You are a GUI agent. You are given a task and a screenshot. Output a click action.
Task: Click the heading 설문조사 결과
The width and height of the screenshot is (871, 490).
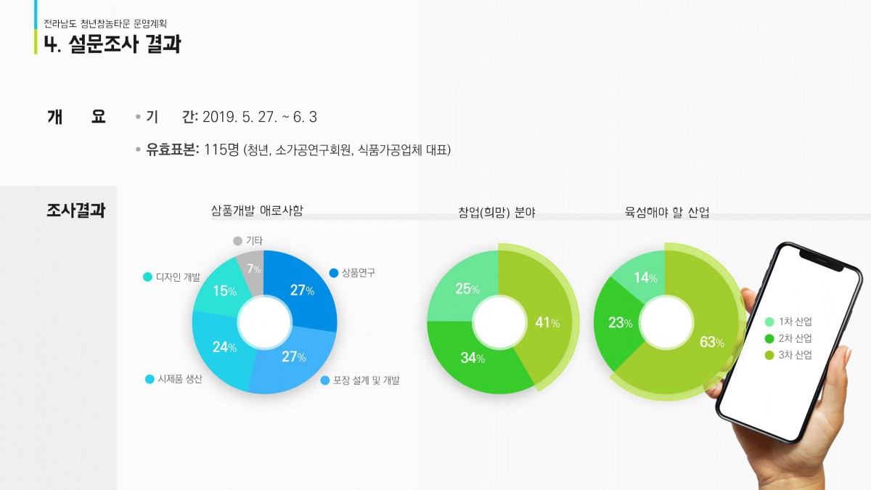[124, 44]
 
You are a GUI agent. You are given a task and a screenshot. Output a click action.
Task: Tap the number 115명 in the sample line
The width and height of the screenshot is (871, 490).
[221, 150]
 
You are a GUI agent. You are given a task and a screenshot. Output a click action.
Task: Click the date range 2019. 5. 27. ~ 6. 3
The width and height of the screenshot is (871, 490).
[259, 117]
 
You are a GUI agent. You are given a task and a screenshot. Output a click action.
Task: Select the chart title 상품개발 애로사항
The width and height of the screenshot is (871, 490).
[257, 211]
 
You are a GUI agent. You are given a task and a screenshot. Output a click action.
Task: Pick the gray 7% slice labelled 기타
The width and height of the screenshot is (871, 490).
[253, 270]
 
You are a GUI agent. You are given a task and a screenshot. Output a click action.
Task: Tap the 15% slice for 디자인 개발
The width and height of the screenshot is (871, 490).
[224, 291]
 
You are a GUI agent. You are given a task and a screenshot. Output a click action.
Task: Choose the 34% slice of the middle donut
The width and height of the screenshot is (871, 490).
[473, 357]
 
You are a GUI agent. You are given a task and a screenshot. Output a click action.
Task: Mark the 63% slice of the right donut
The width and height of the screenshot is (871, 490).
[708, 341]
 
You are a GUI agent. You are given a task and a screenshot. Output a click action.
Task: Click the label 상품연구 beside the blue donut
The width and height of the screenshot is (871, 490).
[358, 273]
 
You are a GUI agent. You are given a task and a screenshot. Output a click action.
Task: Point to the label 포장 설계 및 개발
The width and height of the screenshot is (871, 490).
[366, 380]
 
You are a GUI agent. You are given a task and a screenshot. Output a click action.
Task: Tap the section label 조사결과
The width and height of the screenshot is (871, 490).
[76, 211]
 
